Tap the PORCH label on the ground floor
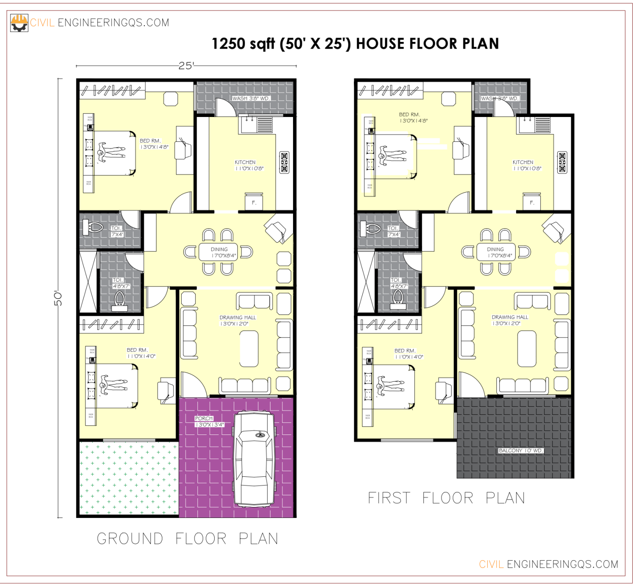coord(204,419)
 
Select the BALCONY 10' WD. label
coord(521,451)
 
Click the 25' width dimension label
coord(186,66)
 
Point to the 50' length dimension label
coord(58,298)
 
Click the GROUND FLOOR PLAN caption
coord(187,539)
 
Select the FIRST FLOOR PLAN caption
coord(447,498)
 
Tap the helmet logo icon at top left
coord(19,23)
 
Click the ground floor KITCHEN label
coord(245,162)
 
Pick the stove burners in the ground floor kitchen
coord(284,162)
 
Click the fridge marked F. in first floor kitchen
coord(532,202)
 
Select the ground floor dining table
coord(218,252)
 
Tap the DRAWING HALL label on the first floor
coord(510,317)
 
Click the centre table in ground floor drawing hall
coord(249,348)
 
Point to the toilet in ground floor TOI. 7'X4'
coord(93,228)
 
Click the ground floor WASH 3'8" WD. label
coord(251,99)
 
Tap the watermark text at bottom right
coord(548,564)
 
